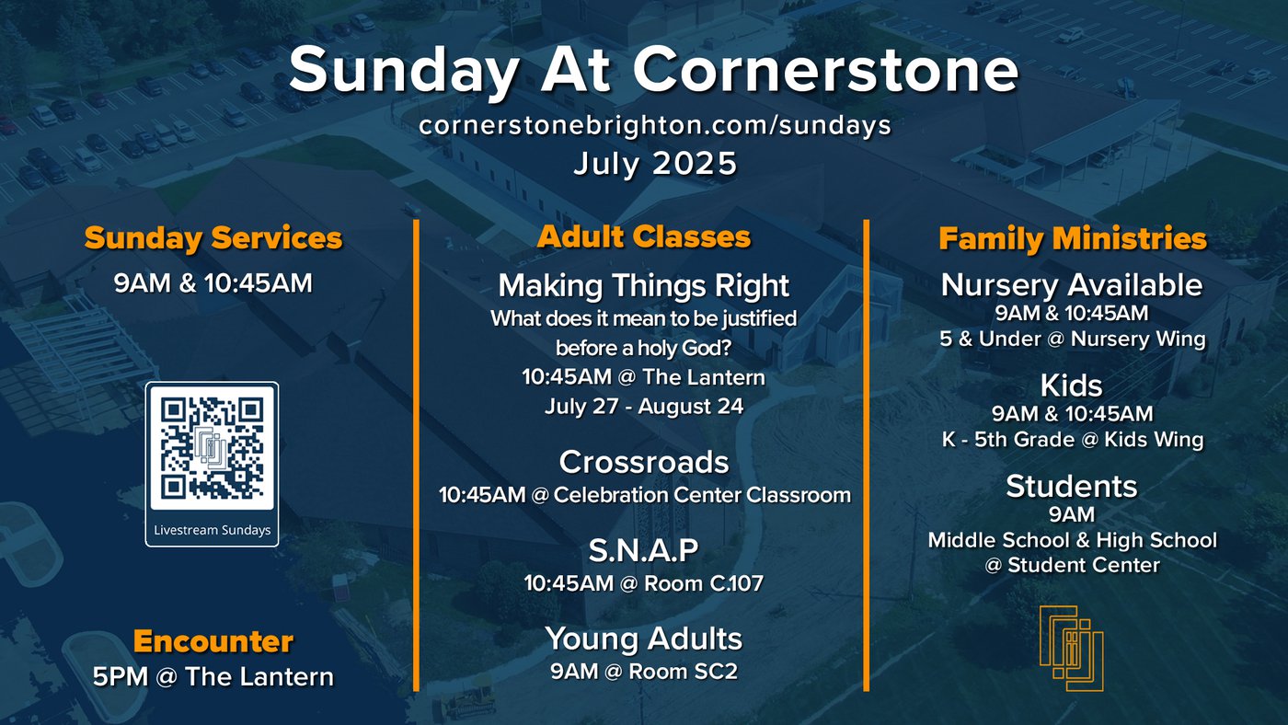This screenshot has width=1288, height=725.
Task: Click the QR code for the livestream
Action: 212,447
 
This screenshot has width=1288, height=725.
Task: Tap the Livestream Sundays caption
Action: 213,530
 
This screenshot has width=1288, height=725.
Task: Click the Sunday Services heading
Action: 213,238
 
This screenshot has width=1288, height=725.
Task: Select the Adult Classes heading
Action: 644,236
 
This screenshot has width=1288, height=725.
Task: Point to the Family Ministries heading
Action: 1073,238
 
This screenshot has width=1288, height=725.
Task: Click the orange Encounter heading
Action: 213,641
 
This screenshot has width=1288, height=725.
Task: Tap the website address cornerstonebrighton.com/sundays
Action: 655,125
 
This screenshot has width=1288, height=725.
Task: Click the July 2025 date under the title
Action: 655,163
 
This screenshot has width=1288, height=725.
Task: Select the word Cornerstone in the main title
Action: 826,70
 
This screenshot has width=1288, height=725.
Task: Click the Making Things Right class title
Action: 644,286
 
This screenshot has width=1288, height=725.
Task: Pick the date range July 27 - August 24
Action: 644,407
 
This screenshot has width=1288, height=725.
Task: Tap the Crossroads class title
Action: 644,462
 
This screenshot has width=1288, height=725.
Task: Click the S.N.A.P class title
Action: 644,550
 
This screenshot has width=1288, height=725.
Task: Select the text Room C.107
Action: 704,583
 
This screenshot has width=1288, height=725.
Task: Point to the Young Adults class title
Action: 644,639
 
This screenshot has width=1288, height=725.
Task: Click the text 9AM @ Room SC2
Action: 644,672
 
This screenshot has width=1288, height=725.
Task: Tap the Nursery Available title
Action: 1072,285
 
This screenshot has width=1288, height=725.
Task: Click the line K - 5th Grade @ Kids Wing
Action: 1073,440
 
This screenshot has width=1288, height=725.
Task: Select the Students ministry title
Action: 1072,487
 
